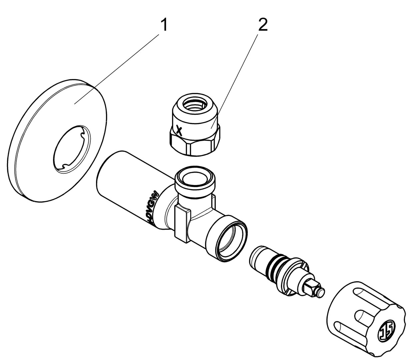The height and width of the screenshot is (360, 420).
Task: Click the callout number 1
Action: [x=164, y=25]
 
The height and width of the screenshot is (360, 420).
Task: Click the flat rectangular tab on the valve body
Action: [x=182, y=223]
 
